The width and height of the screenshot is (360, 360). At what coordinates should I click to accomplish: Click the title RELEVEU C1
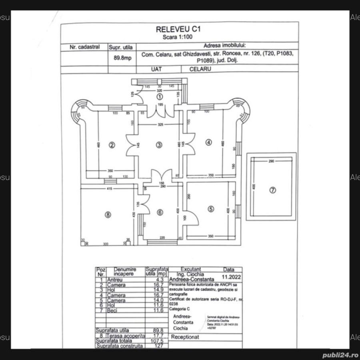pos(178,29)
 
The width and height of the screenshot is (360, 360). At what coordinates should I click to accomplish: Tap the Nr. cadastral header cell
pos(84,47)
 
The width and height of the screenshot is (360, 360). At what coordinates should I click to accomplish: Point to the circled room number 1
pos(160,96)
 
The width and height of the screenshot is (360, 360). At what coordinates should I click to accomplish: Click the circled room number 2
pos(112,145)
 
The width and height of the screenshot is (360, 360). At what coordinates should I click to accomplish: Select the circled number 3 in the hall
pos(159,145)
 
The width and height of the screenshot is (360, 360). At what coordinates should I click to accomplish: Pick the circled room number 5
pos(211,208)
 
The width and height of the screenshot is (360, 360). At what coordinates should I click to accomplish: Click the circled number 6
pos(160,212)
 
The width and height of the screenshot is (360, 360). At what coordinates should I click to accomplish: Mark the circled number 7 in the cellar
pos(272,190)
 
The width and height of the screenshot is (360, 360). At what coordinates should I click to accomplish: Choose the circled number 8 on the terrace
pos(107,214)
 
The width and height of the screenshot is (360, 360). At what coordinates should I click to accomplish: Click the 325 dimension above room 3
pos(160,125)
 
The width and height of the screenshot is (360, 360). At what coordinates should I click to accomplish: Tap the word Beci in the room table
pos(112,310)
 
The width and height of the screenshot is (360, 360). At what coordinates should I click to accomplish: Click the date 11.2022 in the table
pos(229,276)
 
